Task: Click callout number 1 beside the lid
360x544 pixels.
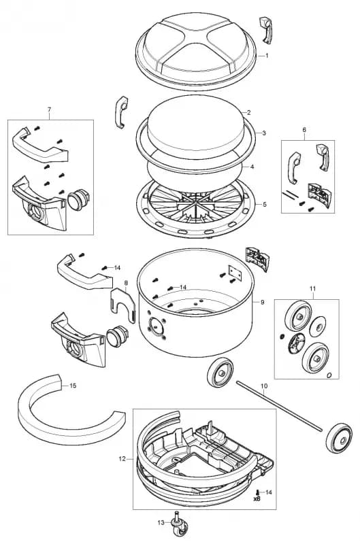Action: pos(267,55)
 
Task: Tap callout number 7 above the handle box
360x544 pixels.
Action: pos(49,109)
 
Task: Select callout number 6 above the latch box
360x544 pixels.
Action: pos(304,130)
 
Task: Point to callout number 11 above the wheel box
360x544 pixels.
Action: pos(313,289)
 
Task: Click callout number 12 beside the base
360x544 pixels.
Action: pos(122,459)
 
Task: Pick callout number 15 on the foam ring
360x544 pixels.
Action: pos(73,386)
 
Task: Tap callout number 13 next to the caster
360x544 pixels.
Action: pos(161,523)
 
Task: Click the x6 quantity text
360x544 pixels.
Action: pos(257,498)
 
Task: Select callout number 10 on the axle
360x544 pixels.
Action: pos(263,386)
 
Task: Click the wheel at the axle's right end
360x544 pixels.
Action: pos(337,436)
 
